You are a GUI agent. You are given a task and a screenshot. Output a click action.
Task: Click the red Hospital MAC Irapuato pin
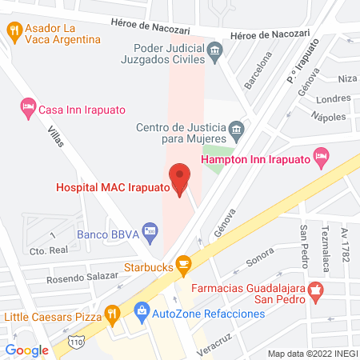tap(179, 178)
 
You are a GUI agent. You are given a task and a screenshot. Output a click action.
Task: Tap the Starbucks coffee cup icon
tap(183, 263)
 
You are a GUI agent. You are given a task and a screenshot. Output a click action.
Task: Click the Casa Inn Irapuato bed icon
tap(28, 106)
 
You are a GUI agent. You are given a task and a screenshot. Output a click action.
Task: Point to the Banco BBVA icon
tap(147, 230)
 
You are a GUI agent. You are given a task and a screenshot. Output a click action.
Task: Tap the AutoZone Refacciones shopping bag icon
tap(142, 309)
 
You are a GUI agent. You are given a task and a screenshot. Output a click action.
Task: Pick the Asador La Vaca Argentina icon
tap(14, 30)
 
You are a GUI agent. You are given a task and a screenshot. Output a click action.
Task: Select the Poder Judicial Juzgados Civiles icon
tap(214, 53)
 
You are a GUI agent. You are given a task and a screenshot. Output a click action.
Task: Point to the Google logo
tap(27, 350)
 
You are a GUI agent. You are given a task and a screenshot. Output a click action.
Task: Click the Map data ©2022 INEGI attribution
tap(312, 353)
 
